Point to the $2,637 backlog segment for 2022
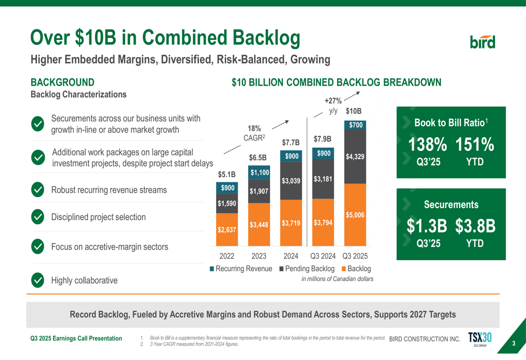[x=227, y=229]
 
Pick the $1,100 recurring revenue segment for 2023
[x=259, y=172]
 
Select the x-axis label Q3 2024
[x=322, y=256]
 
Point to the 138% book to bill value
[x=428, y=145]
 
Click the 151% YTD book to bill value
[x=474, y=145]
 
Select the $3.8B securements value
[x=475, y=227]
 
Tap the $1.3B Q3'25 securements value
[x=427, y=227]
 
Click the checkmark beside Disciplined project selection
[x=38, y=217]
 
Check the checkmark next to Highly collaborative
[x=38, y=280]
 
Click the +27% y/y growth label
[x=333, y=101]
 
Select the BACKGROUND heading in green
[x=63, y=83]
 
